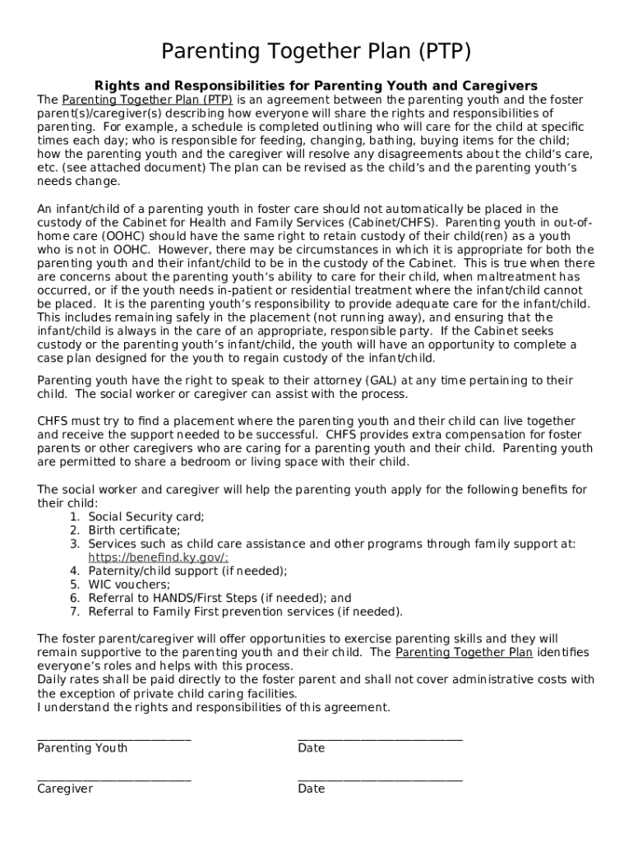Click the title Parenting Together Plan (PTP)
point(316,53)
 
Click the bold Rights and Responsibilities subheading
point(316,86)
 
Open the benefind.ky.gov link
point(159,557)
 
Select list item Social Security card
point(146,516)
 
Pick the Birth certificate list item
point(134,530)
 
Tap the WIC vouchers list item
point(130,585)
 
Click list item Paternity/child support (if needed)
point(187,571)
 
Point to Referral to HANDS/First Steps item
point(219,598)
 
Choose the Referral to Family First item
point(245,612)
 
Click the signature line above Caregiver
point(114,778)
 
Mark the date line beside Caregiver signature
point(380,778)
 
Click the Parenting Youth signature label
point(82,748)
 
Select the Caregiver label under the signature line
point(65,789)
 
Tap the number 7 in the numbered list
point(74,612)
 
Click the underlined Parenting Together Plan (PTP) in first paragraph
point(147,99)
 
